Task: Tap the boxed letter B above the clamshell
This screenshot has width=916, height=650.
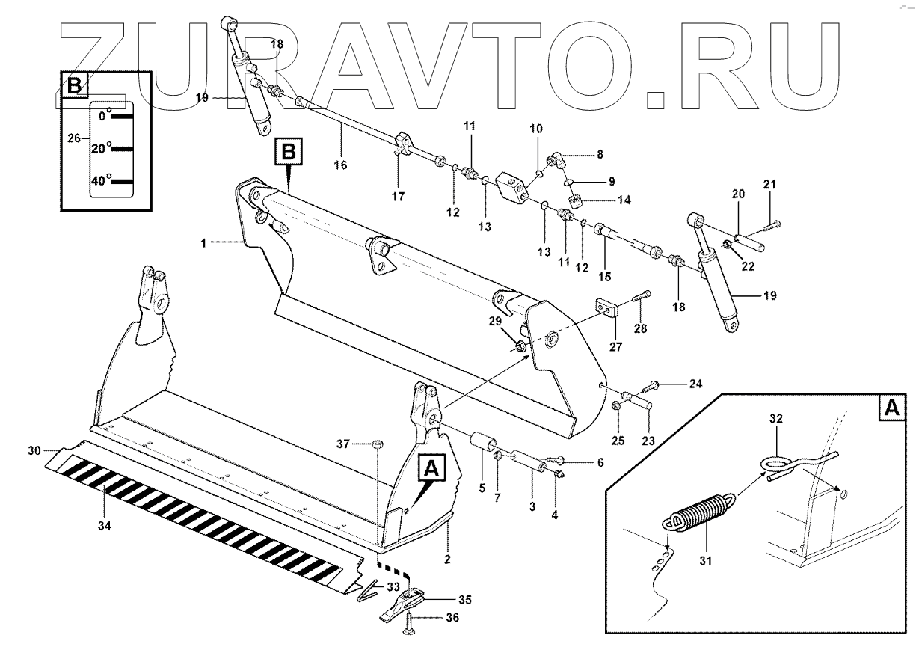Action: pos(289,153)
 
